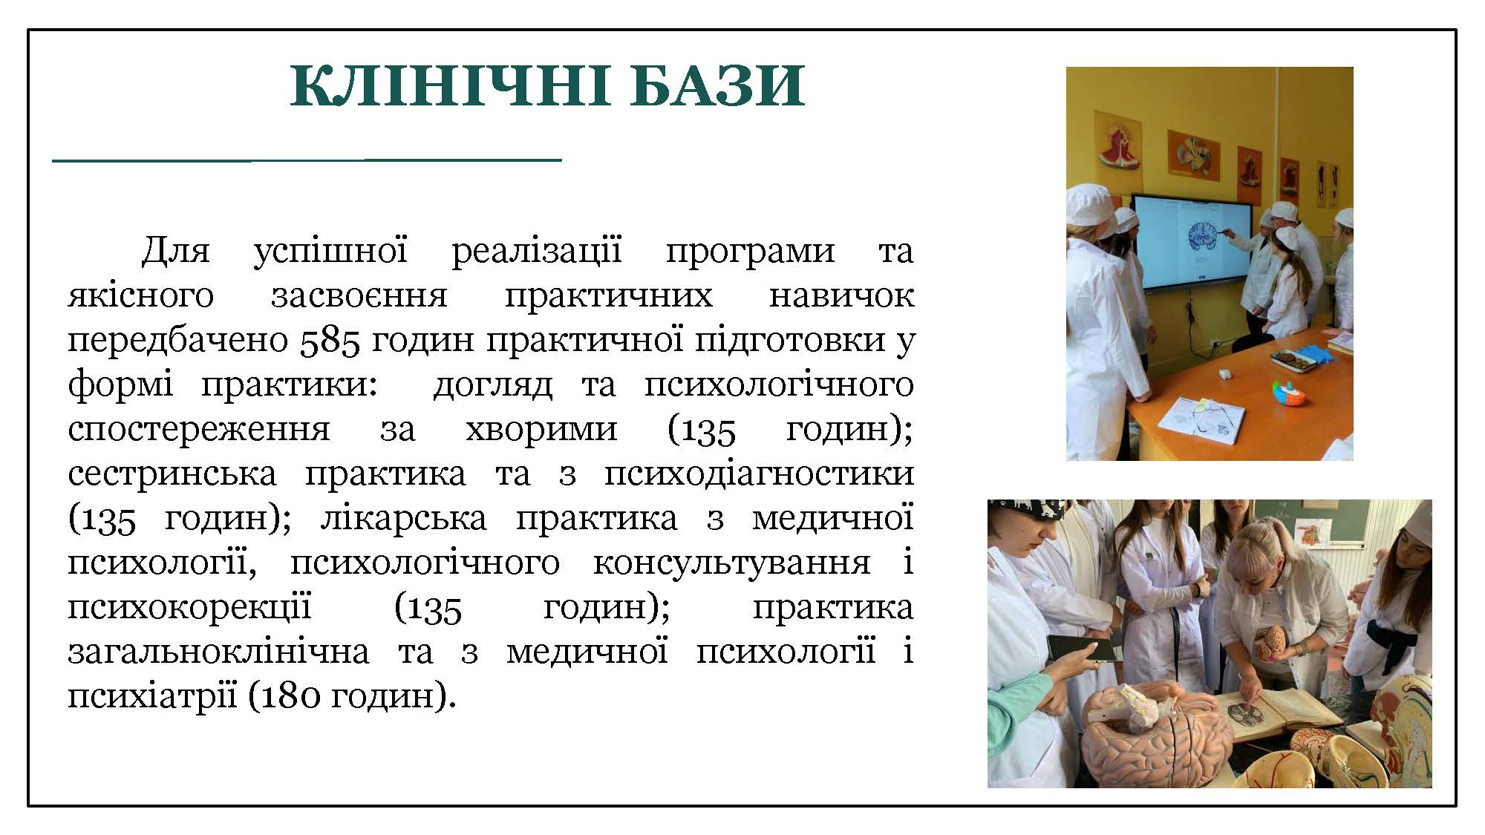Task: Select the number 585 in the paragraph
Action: pos(330,340)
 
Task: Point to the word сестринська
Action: pos(172,474)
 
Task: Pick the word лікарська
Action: pos(404,517)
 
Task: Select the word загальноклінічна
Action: pos(218,652)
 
